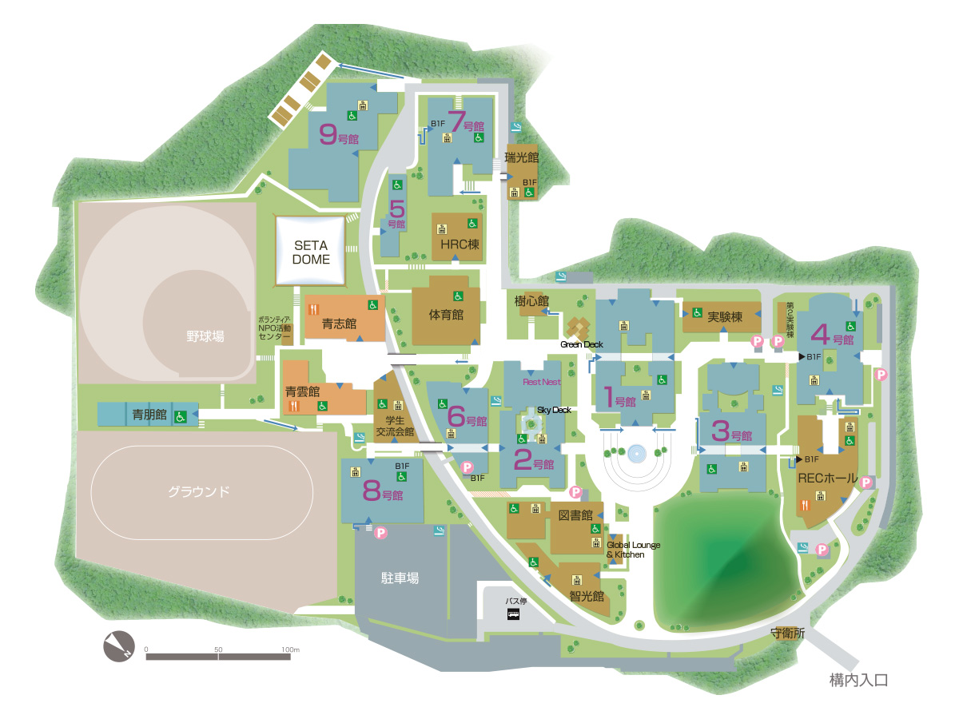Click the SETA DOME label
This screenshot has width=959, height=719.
(x=311, y=252)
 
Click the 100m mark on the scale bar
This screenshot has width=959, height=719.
(x=290, y=649)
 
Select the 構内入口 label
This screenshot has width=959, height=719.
(x=858, y=681)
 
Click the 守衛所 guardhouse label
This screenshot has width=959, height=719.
(x=787, y=633)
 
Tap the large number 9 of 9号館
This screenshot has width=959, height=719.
(x=327, y=134)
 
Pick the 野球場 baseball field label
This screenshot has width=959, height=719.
(x=201, y=336)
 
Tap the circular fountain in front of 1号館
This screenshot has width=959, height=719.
(x=636, y=454)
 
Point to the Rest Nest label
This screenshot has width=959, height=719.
(x=542, y=382)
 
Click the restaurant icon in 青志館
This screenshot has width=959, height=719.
(x=314, y=305)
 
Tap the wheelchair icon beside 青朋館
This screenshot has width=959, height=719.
(x=181, y=415)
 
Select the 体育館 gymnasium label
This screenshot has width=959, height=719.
(x=446, y=315)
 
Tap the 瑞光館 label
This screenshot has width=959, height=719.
(x=522, y=158)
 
